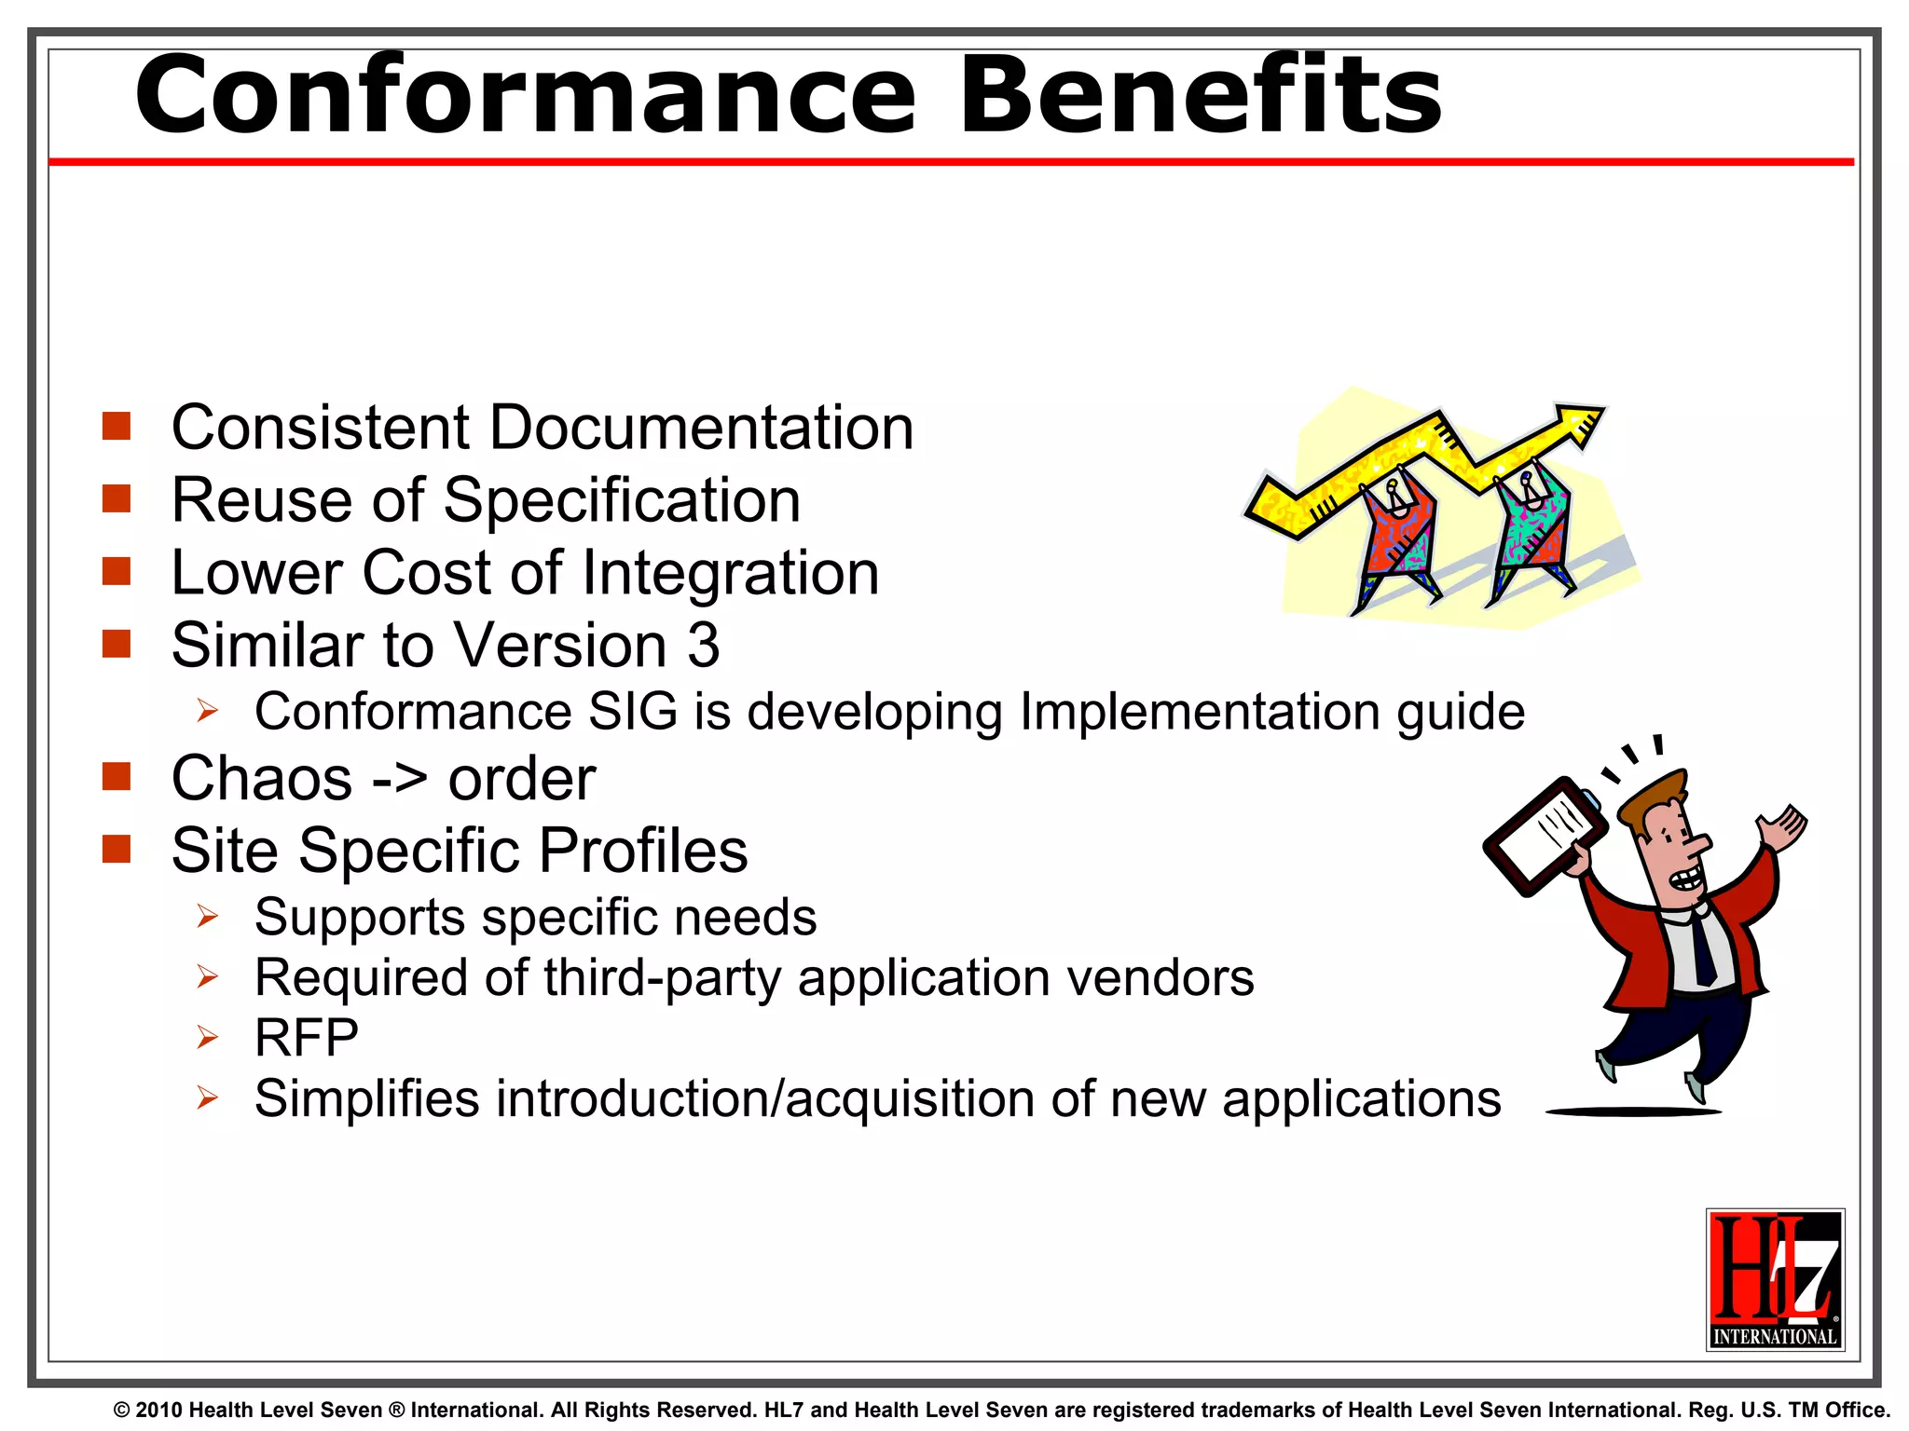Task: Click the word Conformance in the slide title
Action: click(x=527, y=95)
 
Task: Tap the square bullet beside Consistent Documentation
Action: click(x=117, y=427)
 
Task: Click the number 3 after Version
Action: click(x=704, y=645)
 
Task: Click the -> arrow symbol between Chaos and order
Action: click(x=400, y=779)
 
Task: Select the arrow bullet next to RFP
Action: click(x=207, y=1037)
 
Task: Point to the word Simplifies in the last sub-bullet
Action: click(x=366, y=1098)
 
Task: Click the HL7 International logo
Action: click(x=1775, y=1279)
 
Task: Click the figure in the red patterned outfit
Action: click(x=1395, y=536)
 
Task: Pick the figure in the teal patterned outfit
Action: click(x=1531, y=526)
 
